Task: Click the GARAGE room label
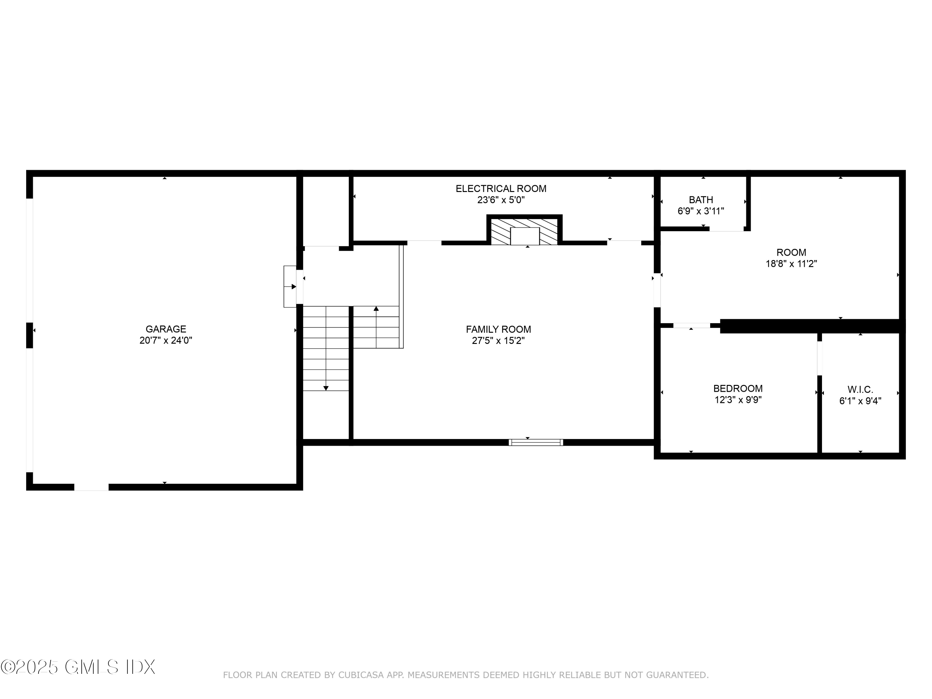166,329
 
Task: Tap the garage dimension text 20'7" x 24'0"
166,340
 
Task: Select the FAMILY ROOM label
498,330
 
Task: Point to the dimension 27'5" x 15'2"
498,341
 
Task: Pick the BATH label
701,200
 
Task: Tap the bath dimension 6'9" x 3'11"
701,211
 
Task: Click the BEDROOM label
738,388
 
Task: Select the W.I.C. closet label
860,390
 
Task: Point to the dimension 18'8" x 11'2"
791,264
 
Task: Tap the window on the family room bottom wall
536,442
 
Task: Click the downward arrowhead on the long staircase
326,388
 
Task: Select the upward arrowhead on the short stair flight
376,309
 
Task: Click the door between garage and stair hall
299,286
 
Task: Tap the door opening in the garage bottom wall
91,487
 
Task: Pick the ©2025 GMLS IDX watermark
78,667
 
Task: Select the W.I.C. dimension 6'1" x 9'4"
860,401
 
